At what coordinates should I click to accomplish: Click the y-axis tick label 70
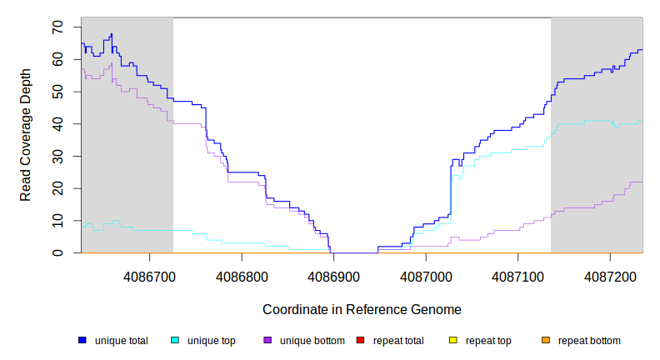[57, 27]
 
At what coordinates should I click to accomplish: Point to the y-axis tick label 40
[57, 124]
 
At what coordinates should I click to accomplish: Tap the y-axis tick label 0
[57, 252]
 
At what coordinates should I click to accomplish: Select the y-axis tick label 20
[57, 188]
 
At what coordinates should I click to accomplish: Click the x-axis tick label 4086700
[148, 275]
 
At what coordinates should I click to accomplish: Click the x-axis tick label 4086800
[241, 275]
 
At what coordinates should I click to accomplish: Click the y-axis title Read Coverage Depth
[26, 135]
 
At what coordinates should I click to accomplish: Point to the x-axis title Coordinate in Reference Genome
[362, 309]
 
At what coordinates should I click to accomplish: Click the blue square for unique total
[82, 340]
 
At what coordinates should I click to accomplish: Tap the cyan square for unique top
[175, 340]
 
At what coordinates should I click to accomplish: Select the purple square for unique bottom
[267, 340]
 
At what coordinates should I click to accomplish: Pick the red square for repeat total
[361, 340]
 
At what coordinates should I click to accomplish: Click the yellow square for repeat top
[453, 340]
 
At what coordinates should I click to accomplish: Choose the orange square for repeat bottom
[546, 340]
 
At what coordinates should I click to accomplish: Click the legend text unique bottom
[307, 340]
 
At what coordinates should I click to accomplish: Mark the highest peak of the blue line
[112, 34]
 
